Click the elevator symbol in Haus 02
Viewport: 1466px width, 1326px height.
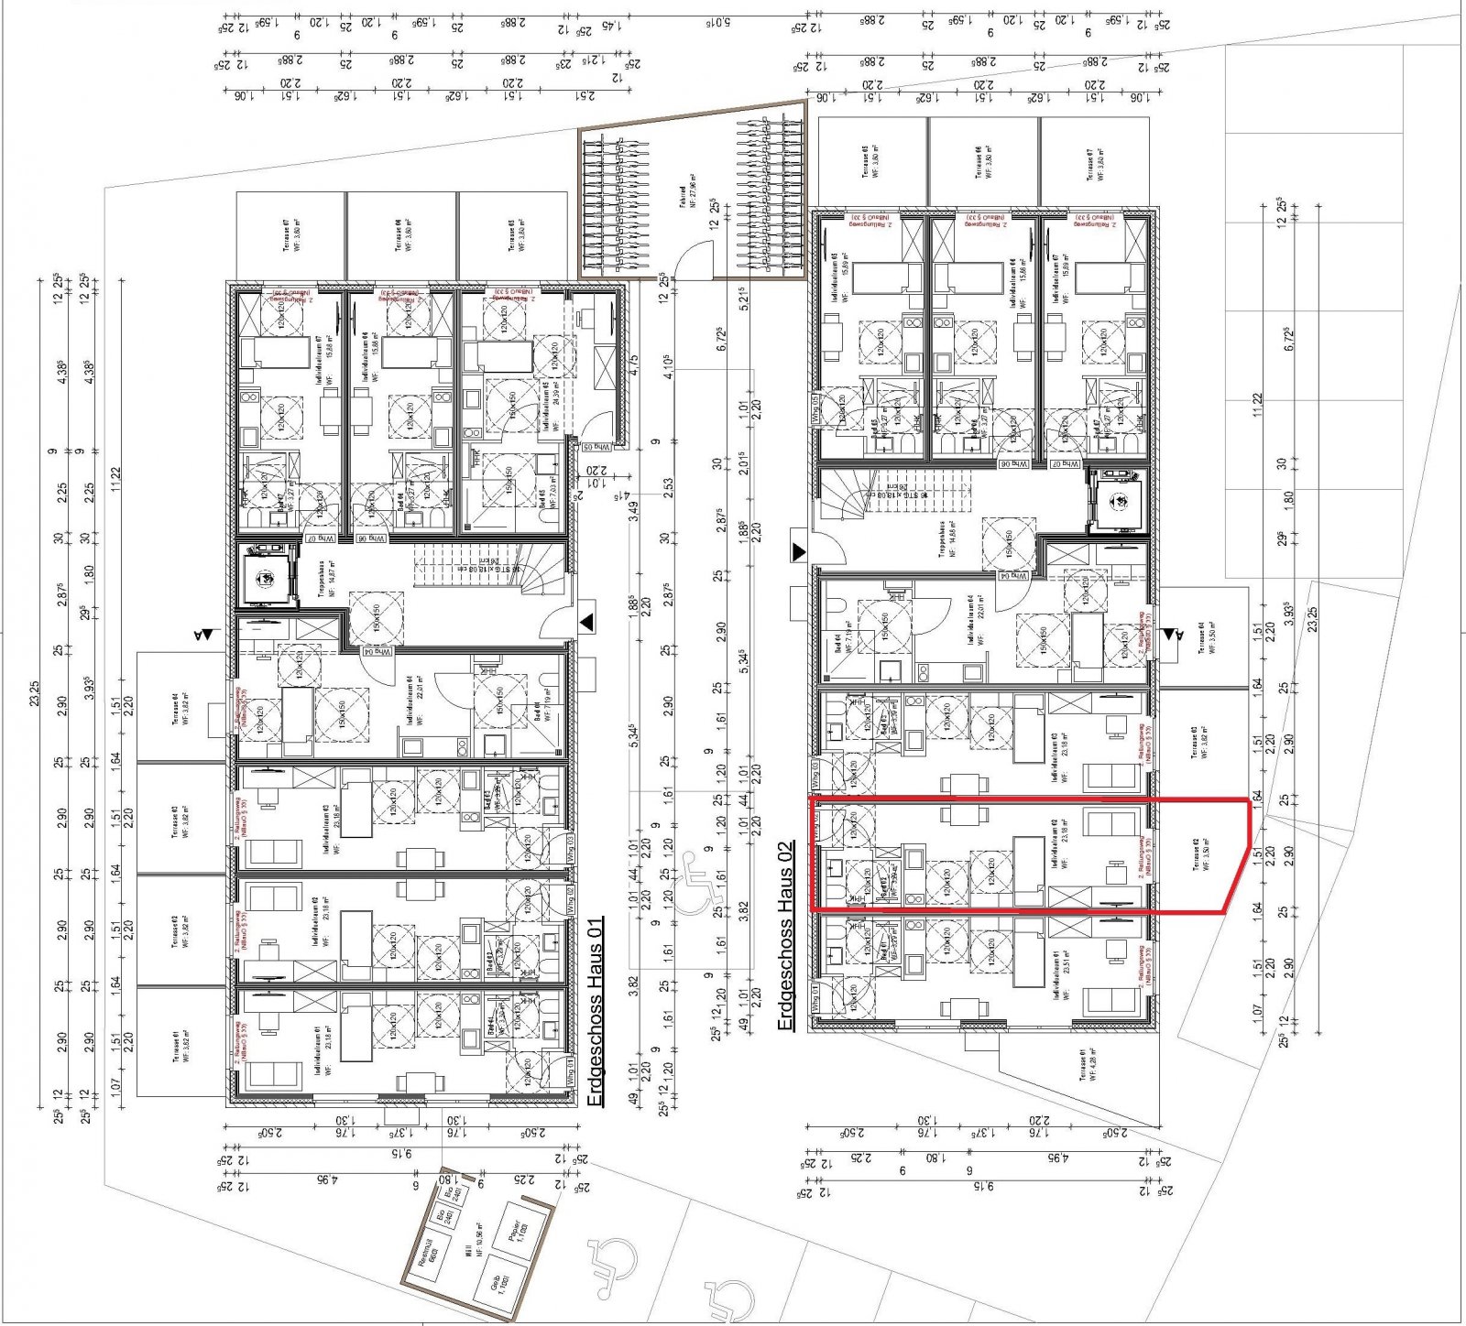coord(1119,501)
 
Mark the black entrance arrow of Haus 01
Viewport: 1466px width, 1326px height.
coord(585,623)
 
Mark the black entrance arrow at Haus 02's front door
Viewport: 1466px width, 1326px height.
coord(799,551)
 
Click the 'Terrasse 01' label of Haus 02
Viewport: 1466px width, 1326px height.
coord(1083,1065)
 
